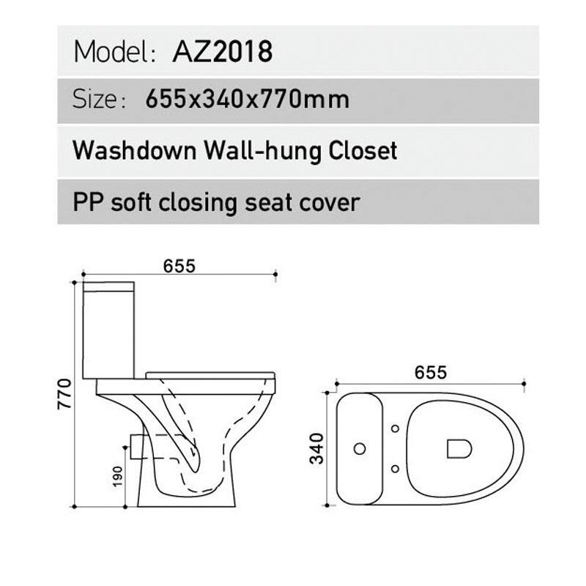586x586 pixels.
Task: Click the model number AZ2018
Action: [x=222, y=51]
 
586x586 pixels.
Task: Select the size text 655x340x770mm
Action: [x=247, y=99]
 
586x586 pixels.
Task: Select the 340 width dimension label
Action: [x=317, y=448]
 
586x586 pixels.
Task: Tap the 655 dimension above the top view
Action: [x=430, y=372]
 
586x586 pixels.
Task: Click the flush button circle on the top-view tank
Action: [x=360, y=448]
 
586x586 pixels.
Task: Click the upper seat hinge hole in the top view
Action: [x=395, y=428]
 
